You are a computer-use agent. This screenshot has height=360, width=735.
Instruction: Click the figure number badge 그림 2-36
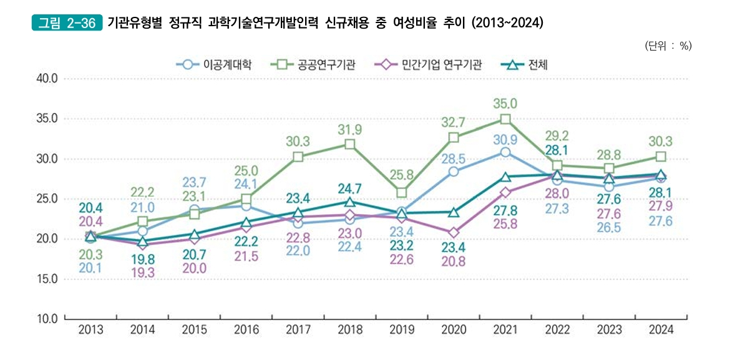(x=67, y=24)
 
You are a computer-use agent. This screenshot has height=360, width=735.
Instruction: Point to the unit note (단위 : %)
(x=667, y=46)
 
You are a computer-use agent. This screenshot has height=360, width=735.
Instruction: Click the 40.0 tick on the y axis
(x=46, y=79)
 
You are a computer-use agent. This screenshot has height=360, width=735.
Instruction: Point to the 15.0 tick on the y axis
(x=46, y=280)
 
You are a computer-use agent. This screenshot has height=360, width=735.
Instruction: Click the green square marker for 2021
(x=505, y=119)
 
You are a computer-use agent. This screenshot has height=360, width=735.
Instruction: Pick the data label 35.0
(x=505, y=104)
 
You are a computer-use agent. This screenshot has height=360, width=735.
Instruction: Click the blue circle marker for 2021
(x=505, y=152)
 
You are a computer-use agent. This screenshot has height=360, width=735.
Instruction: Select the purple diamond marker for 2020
(x=454, y=233)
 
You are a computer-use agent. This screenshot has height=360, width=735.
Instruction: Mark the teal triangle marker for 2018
(x=350, y=202)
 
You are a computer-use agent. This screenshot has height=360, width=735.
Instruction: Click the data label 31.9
(x=350, y=129)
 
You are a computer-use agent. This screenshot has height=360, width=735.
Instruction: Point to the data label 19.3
(x=143, y=272)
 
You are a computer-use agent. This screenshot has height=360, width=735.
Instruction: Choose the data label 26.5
(x=609, y=226)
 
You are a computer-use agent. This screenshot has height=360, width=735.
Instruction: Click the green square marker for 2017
(x=298, y=157)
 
